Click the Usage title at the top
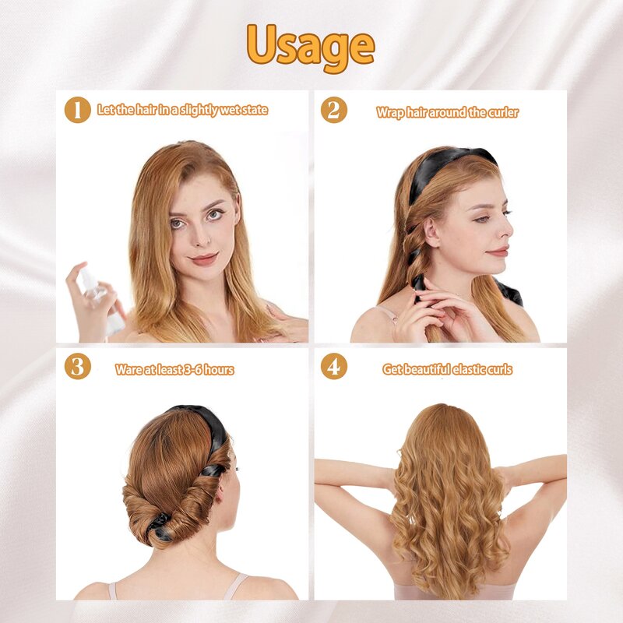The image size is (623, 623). pos(311,45)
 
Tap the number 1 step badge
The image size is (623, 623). pos(77,110)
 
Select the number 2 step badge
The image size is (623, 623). pos(333,110)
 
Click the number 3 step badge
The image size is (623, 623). pos(77,367)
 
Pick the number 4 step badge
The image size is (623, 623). pos(333,367)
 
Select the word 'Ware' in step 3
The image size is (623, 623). pos(128,370)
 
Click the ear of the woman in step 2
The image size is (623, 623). pos(431,231)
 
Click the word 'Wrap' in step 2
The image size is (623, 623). pos(389,113)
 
